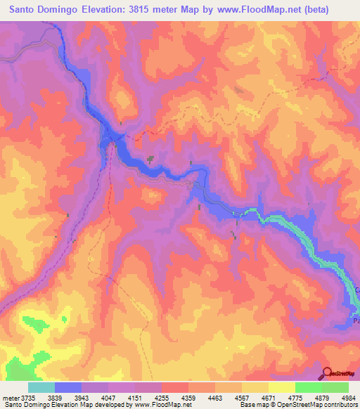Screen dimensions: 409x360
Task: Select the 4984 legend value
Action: (349, 397)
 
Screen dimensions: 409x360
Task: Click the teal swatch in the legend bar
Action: (41, 387)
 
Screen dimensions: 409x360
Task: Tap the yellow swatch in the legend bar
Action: (282, 387)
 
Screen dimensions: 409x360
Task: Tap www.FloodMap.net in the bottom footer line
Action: (162, 405)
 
